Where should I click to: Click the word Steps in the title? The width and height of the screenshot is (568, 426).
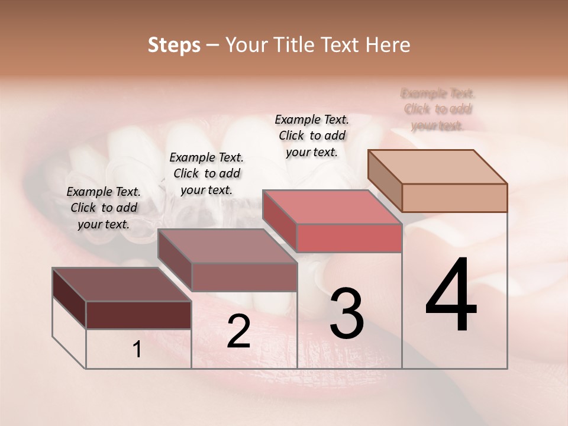click(174, 45)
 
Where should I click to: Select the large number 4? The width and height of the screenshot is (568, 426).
click(451, 296)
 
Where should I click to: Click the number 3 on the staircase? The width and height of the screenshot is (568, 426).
click(346, 314)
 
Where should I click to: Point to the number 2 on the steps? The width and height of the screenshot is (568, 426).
click(238, 331)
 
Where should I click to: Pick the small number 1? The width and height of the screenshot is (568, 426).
click(137, 350)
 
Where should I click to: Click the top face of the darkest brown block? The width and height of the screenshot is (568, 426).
click(121, 284)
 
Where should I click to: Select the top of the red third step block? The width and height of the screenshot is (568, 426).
click(332, 207)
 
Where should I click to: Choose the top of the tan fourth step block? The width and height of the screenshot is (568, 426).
click(437, 167)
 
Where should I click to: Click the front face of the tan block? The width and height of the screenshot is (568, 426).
click(454, 198)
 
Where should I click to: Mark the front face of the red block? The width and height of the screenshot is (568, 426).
click(349, 238)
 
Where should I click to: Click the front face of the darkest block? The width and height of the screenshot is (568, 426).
click(138, 315)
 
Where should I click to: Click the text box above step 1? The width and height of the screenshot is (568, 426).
click(104, 208)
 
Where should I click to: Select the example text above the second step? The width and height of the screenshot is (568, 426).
click(206, 173)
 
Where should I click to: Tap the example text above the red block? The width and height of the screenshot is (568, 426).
click(312, 135)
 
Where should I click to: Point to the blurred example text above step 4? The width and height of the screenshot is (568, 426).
click(438, 109)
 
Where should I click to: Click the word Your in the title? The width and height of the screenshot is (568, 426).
click(244, 45)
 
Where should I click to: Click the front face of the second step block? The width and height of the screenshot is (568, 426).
click(244, 277)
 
